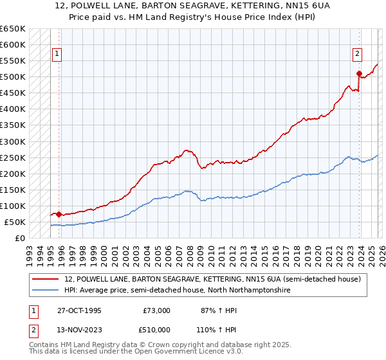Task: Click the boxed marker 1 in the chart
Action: click(x=58, y=55)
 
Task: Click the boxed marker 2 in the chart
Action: click(x=357, y=55)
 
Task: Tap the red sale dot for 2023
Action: click(x=359, y=73)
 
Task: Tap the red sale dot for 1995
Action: click(x=59, y=214)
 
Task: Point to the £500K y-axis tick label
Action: click(x=13, y=77)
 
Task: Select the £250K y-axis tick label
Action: click(x=13, y=157)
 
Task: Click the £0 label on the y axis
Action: click(x=19, y=238)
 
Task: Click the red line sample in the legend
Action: click(x=46, y=279)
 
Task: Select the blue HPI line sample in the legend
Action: click(x=46, y=291)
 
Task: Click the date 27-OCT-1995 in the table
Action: click(x=78, y=310)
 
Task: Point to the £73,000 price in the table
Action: click(x=156, y=310)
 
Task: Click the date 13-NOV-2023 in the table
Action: click(x=79, y=330)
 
